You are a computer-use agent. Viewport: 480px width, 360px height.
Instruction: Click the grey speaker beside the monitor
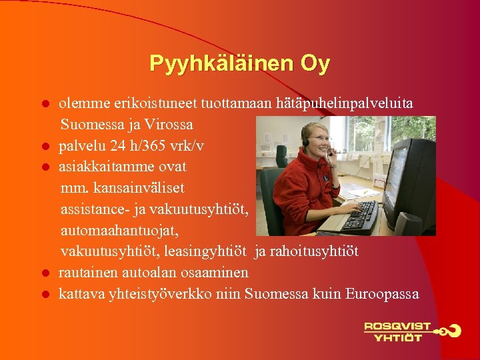coord(407,223)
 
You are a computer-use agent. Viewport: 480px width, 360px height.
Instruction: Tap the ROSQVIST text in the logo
coord(397,327)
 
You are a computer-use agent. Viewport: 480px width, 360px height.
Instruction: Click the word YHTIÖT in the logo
coord(397,337)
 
